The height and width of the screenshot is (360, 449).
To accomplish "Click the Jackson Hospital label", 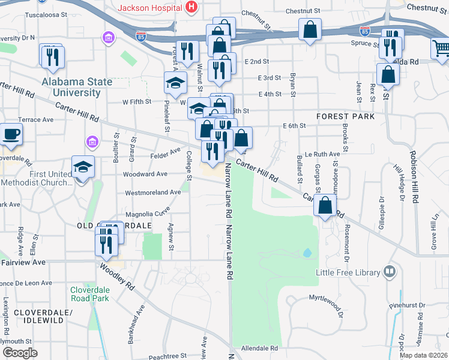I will [150, 8].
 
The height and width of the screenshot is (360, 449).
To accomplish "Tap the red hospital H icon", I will [191, 7].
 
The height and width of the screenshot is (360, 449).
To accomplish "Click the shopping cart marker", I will [441, 47].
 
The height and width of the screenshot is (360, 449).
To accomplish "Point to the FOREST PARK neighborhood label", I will [346, 116].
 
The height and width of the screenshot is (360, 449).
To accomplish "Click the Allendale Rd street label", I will [259, 348].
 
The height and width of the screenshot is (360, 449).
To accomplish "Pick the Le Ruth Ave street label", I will [322, 154].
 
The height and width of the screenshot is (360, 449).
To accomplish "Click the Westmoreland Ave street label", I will [152, 193].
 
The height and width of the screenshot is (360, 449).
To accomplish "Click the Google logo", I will [20, 353].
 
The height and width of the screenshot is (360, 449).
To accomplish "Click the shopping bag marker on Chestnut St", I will [310, 29].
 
